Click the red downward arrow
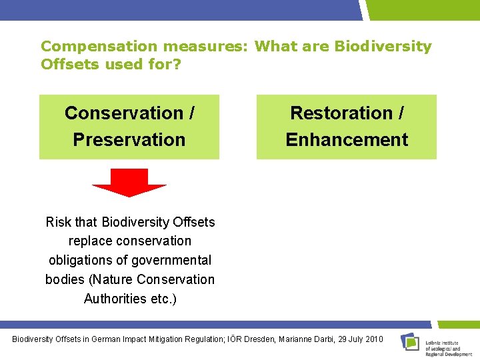tap(129, 182)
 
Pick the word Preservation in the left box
tap(129, 140)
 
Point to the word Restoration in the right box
tap(341, 113)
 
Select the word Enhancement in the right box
tap(347, 140)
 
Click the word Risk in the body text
tap(58, 222)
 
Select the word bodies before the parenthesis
tap(65, 279)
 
